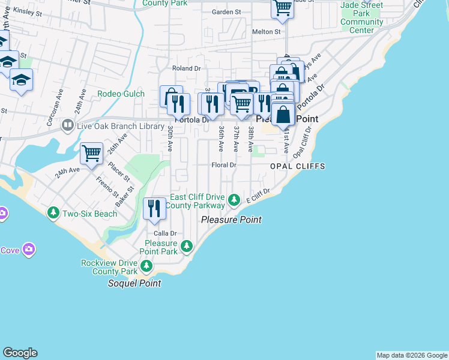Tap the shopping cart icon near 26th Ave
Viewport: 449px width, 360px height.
pyautogui.click(x=91, y=153)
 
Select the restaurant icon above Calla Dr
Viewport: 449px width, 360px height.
pyautogui.click(x=154, y=208)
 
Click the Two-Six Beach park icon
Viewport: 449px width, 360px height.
pyautogui.click(x=53, y=213)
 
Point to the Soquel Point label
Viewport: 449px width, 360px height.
pyautogui.click(x=134, y=283)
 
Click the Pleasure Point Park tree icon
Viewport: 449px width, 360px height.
pyautogui.click(x=187, y=245)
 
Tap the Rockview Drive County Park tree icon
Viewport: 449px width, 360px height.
pyautogui.click(x=145, y=266)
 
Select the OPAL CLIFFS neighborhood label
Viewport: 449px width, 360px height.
pyautogui.click(x=297, y=166)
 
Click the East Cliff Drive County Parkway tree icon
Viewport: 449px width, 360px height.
pyautogui.click(x=237, y=200)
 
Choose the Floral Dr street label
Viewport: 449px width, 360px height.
pyautogui.click(x=224, y=165)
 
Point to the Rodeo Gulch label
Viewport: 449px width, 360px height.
pyautogui.click(x=121, y=94)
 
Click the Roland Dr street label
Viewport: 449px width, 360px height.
pyautogui.click(x=186, y=68)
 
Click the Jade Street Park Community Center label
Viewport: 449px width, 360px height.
pyautogui.click(x=361, y=17)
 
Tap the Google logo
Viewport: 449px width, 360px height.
pyautogui.click(x=20, y=353)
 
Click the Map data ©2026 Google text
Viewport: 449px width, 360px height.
pyautogui.click(x=411, y=355)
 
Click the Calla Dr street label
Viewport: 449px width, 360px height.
pyautogui.click(x=165, y=233)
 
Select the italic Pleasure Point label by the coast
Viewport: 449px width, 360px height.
pyautogui.click(x=231, y=220)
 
